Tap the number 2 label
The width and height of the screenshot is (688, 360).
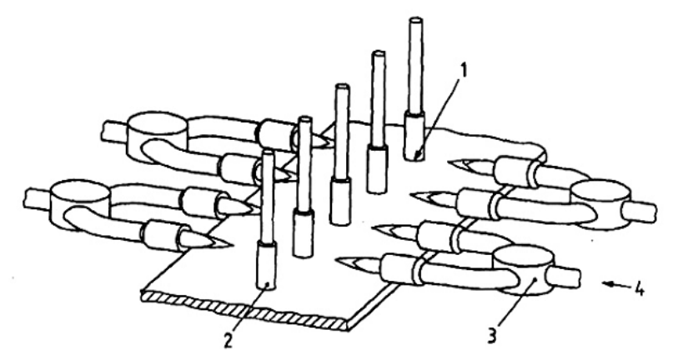tap(228, 341)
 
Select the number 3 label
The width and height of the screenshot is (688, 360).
tap(492, 337)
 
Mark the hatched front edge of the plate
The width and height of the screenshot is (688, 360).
tap(246, 309)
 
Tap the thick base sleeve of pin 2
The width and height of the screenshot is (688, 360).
tap(267, 266)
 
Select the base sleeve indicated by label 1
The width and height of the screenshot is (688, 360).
tap(414, 137)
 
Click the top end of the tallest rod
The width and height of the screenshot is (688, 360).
tap(415, 21)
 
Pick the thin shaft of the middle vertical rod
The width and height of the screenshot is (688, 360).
tap(342, 131)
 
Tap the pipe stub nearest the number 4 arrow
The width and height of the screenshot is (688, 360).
tap(565, 277)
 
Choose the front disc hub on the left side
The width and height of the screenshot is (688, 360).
tap(79, 202)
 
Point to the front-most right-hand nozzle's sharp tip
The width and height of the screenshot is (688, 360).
tap(336, 261)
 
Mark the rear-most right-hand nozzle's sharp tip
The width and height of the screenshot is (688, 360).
tap(448, 163)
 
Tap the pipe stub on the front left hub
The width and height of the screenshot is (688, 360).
tap(38, 198)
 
